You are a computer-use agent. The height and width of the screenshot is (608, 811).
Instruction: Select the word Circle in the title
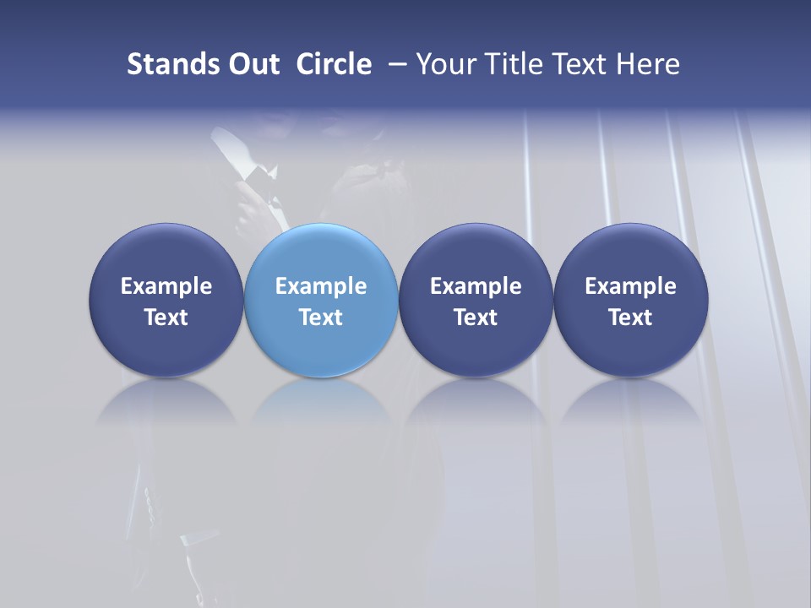[334, 64]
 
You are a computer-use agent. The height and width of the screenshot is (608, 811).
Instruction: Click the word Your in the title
[443, 64]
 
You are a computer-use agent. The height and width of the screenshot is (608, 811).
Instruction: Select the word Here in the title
[647, 64]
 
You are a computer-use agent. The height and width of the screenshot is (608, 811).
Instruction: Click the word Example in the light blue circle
[321, 286]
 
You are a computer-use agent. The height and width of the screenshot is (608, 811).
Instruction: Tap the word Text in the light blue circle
[321, 318]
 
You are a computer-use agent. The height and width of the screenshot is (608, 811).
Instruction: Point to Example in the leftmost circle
[166, 286]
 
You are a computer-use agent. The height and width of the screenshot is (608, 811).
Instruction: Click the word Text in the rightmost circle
[630, 318]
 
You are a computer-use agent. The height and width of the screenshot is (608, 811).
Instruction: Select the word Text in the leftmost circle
[166, 318]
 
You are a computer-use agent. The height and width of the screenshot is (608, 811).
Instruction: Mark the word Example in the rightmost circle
[630, 286]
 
